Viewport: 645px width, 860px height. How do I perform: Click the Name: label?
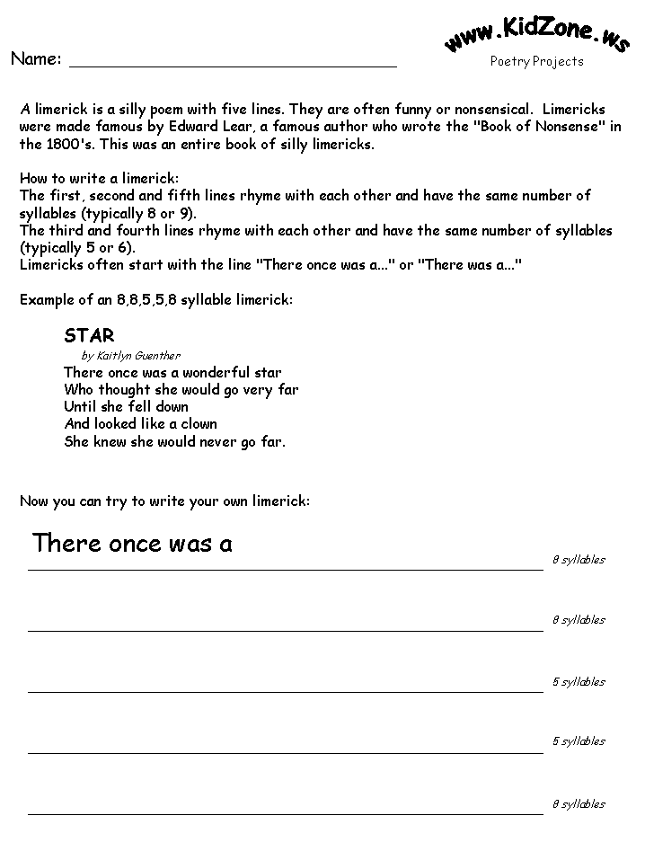(x=36, y=59)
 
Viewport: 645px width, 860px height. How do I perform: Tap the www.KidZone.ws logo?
(x=536, y=36)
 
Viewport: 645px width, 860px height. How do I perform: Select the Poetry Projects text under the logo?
(x=536, y=62)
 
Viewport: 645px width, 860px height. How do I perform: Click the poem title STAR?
(x=89, y=335)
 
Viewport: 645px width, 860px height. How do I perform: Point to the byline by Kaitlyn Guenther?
(x=130, y=356)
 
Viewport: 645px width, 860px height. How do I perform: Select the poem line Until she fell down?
(x=126, y=406)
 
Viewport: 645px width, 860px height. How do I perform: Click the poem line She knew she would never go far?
(x=174, y=441)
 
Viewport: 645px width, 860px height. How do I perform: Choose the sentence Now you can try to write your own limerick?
(x=164, y=501)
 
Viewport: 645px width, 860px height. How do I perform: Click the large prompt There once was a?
(x=132, y=544)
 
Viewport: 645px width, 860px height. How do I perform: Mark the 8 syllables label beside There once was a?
(x=579, y=560)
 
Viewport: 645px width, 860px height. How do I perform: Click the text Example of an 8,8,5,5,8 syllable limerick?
(x=155, y=300)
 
